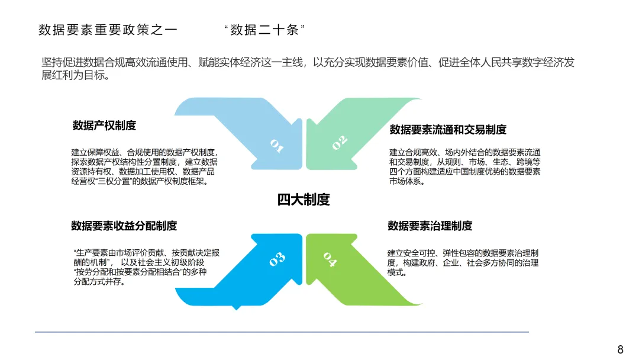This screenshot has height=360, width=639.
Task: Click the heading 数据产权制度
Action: [x=105, y=126]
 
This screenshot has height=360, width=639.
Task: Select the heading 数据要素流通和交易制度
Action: [x=448, y=130]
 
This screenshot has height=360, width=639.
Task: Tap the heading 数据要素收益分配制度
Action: [x=124, y=226]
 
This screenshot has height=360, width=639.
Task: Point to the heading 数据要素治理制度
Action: [x=430, y=226]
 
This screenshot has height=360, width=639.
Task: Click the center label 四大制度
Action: [x=304, y=200]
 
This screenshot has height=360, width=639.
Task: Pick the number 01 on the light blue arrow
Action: [x=277, y=145]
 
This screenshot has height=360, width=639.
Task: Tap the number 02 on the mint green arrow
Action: [x=339, y=143]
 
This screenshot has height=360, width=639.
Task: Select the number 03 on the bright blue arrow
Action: [x=277, y=258]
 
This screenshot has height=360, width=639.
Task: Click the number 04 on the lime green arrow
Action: [x=330, y=259]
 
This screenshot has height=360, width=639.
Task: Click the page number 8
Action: [x=620, y=349]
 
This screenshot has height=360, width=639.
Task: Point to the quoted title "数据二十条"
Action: [x=264, y=30]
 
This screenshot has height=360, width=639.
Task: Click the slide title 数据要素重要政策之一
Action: [x=108, y=30]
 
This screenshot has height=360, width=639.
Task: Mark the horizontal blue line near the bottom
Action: [x=282, y=332]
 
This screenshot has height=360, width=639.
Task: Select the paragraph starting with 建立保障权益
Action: [x=144, y=167]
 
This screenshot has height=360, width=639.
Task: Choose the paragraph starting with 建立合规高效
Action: [x=464, y=167]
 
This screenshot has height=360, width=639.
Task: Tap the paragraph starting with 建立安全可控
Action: [x=463, y=263]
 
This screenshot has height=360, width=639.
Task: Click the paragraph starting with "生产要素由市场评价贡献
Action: [x=146, y=267]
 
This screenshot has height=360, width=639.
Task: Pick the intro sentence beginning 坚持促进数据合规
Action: [x=308, y=63]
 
